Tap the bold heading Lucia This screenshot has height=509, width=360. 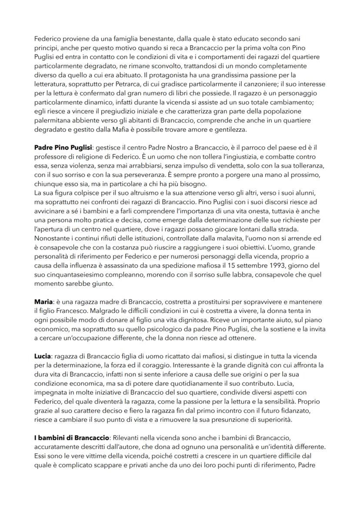pyautogui.click(x=43, y=356)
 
